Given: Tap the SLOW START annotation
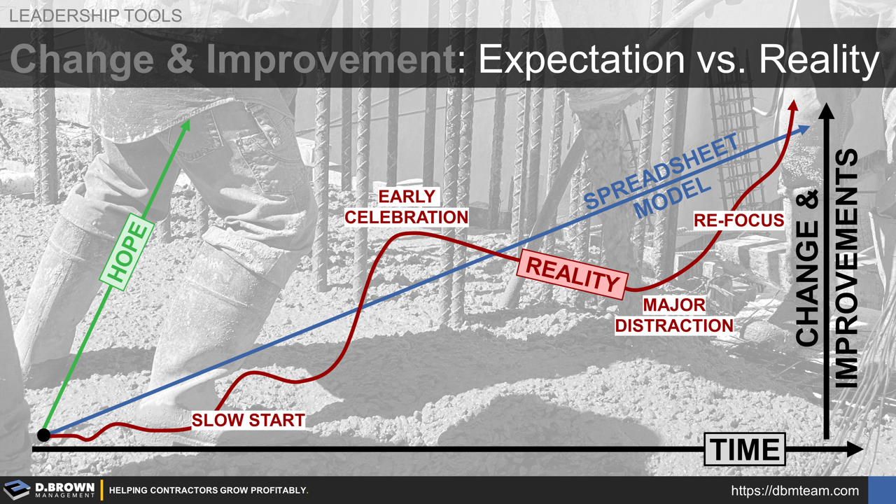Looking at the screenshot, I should [x=248, y=420].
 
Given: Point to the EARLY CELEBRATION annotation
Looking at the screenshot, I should [x=406, y=207].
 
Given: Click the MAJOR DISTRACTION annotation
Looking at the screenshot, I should [x=674, y=316].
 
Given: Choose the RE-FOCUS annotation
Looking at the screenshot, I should [x=738, y=220].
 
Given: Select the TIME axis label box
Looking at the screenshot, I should [x=745, y=449].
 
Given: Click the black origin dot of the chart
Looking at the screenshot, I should [x=44, y=435].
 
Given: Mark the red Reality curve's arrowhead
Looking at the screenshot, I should [x=793, y=106].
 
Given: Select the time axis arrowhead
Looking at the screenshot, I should [x=855, y=449].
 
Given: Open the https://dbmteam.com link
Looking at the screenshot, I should [x=794, y=491].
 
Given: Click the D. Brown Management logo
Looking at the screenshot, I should [x=49, y=490].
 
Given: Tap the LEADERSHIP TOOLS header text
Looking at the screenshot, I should [x=95, y=15].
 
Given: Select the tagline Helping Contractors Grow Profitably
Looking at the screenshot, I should [x=209, y=491].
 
